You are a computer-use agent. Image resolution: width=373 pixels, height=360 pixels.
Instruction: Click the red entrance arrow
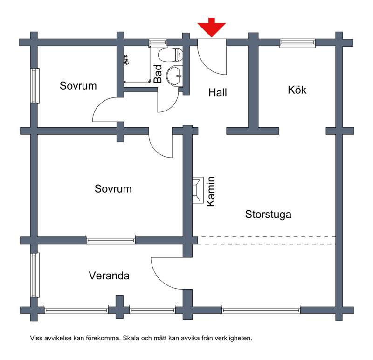(212, 28)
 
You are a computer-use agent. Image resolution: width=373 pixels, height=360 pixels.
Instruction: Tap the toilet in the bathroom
(171, 55)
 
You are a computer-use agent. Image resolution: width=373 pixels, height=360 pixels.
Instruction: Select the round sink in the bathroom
(174, 76)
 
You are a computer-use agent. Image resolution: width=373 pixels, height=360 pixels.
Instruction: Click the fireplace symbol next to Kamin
(198, 190)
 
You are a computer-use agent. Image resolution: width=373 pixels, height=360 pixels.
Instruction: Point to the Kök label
(297, 90)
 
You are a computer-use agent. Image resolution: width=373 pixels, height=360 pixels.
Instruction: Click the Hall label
(218, 92)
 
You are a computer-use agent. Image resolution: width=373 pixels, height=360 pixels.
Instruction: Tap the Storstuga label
(268, 215)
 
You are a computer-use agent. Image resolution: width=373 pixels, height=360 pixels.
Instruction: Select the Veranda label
(109, 276)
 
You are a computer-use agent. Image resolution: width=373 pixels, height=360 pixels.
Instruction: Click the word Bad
(158, 74)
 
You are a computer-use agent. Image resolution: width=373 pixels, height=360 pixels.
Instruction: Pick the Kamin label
(211, 191)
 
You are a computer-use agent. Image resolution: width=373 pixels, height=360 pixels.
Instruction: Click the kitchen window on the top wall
(297, 43)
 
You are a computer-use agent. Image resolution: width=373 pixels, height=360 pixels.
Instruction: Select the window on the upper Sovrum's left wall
(35, 86)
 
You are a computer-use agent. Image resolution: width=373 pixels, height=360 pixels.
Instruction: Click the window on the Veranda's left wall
(35, 275)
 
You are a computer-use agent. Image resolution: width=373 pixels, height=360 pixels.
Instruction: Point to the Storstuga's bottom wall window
(261, 310)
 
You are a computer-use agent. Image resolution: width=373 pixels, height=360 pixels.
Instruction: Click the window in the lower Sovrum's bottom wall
(111, 239)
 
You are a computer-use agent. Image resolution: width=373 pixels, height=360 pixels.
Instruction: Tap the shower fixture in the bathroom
(126, 60)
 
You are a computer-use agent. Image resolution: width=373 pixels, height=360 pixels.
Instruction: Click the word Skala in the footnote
(131, 338)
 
